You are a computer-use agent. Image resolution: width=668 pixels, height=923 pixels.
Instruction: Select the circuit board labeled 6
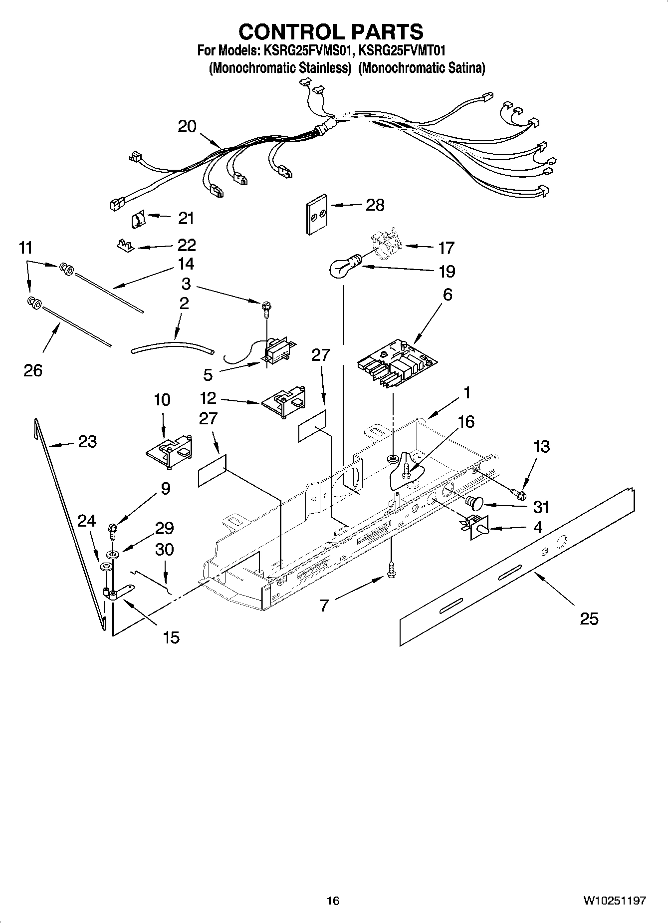397,363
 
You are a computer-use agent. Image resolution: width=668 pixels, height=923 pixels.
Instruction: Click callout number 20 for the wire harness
187,126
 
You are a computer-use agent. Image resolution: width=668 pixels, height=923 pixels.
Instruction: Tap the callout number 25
589,618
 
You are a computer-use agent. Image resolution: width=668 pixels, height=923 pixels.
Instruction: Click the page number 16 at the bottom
333,901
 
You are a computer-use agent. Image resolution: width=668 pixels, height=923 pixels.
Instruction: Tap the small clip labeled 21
138,219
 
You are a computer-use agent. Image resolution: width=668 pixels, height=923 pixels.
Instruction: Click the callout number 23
87,441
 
